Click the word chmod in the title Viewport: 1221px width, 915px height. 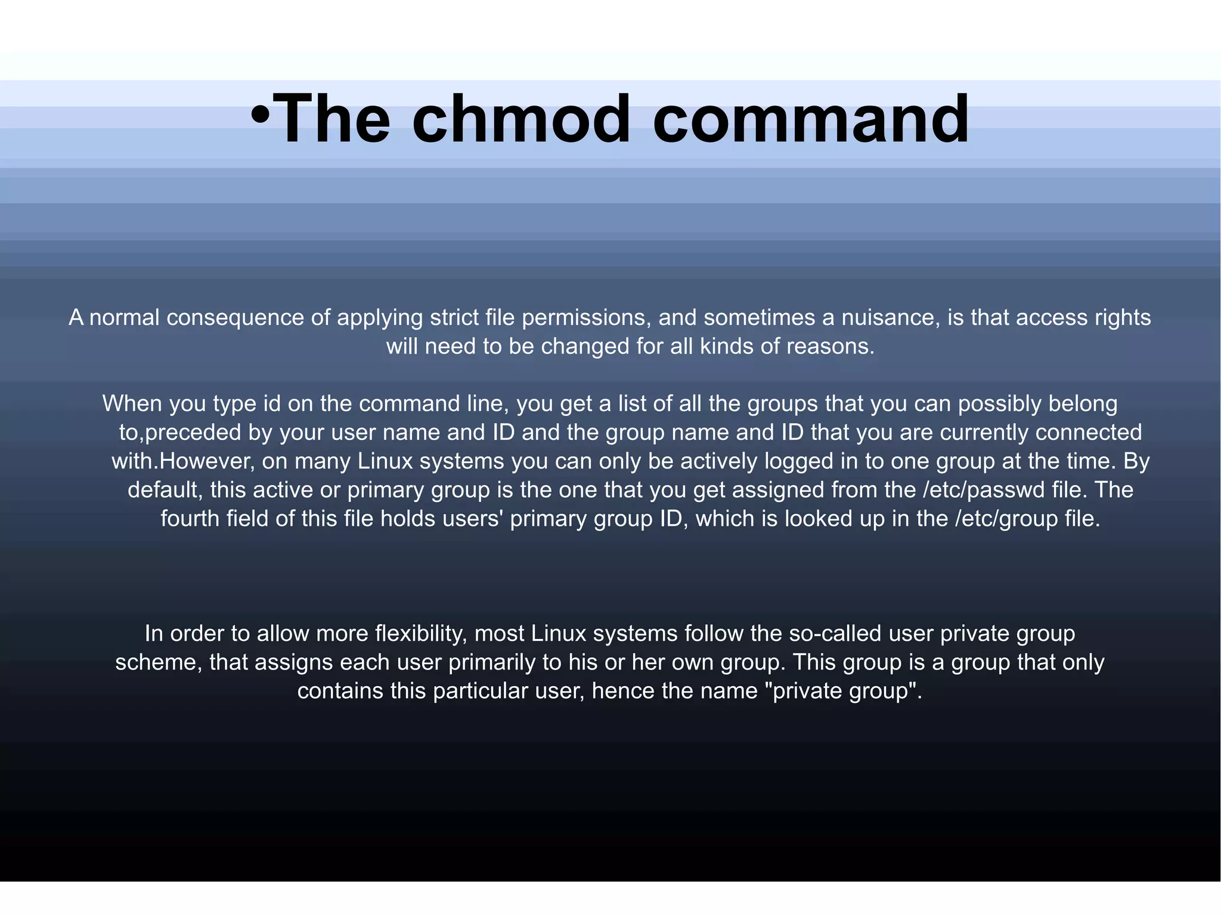click(x=520, y=119)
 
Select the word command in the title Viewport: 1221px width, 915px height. click(x=811, y=119)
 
